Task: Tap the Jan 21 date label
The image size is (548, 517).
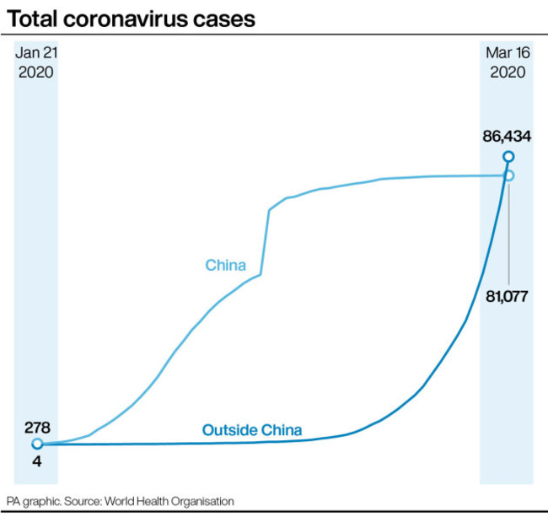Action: tap(35, 53)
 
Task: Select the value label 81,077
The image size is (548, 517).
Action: tap(509, 297)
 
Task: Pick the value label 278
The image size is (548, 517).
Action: tap(36, 427)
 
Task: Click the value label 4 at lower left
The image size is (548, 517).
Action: tap(36, 461)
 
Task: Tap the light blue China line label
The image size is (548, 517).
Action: tap(226, 266)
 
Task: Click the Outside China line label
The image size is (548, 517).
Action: tap(252, 430)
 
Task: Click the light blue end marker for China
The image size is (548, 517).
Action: tap(508, 175)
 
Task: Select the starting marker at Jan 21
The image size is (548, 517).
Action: tap(36, 444)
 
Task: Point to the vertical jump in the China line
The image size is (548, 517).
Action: tap(266, 240)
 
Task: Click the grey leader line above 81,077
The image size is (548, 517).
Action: tap(509, 232)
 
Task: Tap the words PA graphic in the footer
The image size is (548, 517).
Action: tap(31, 501)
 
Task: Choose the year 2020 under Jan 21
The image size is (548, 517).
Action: tap(35, 72)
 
